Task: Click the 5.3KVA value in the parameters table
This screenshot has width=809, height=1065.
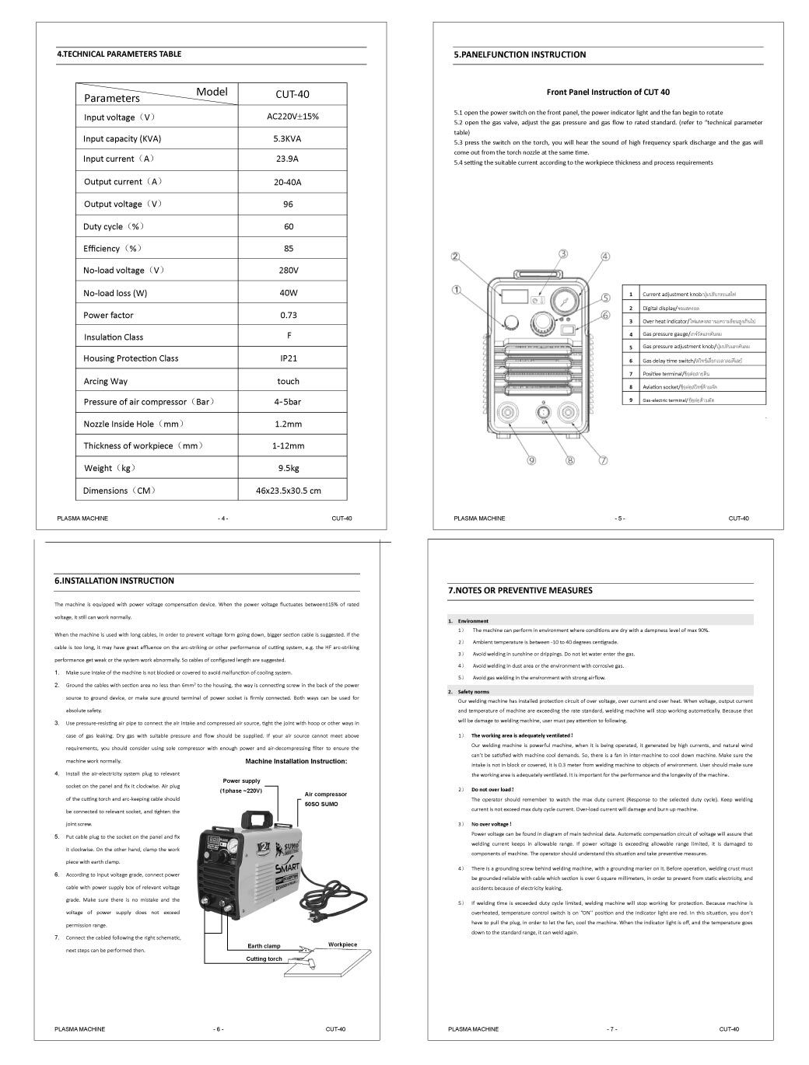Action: [288, 138]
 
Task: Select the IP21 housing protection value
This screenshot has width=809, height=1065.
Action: [288, 358]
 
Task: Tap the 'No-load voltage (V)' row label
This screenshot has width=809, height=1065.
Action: [124, 271]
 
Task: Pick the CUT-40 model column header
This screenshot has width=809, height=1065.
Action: [292, 94]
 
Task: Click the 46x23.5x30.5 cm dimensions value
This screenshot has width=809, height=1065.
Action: [288, 491]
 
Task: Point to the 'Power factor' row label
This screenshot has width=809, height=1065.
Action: [108, 315]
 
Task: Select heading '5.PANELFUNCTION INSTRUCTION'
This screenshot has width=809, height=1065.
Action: [519, 55]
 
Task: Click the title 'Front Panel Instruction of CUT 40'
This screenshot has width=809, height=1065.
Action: [603, 92]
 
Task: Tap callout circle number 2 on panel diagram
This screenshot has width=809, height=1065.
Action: [456, 257]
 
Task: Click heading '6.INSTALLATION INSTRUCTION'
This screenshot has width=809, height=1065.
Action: [114, 581]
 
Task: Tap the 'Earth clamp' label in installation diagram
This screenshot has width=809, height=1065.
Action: [264, 946]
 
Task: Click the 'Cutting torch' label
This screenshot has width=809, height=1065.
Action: [264, 959]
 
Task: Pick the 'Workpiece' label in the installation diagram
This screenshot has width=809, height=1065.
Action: [342, 945]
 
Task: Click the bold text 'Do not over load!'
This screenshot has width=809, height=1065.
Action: [492, 790]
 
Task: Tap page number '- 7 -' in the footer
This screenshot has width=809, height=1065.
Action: [612, 1029]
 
